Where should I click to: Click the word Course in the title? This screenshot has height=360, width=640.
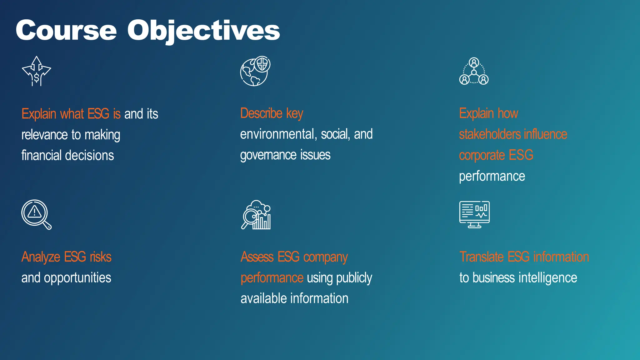(x=66, y=30)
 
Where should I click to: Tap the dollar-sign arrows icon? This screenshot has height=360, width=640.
(x=37, y=71)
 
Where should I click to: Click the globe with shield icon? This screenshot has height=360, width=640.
(x=255, y=71)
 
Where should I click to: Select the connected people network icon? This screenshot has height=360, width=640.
(x=474, y=72)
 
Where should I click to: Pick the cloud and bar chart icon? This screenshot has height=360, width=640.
(x=256, y=215)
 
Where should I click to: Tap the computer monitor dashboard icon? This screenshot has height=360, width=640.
(x=474, y=214)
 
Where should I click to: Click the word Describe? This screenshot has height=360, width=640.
(x=261, y=113)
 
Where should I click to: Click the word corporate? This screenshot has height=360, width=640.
(x=482, y=155)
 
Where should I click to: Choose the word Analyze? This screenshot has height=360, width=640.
(x=41, y=257)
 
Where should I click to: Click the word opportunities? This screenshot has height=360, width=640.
(x=77, y=278)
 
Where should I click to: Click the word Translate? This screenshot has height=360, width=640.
(x=482, y=257)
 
